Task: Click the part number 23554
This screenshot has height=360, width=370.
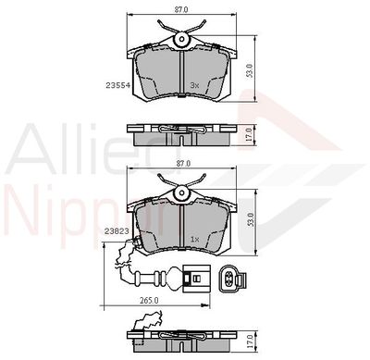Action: [118, 85]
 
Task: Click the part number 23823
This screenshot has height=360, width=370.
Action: [117, 231]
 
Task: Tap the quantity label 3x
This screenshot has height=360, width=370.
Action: [194, 85]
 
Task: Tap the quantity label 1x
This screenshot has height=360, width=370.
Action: [195, 239]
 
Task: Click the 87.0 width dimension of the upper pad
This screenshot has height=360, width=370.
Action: [181, 9]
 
